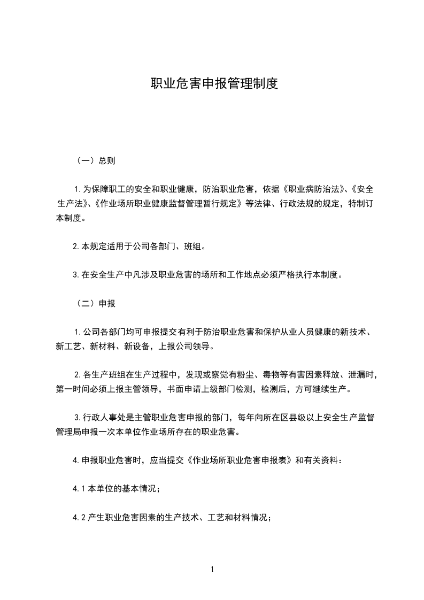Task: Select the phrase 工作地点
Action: [240, 275]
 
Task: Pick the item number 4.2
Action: [79, 518]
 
